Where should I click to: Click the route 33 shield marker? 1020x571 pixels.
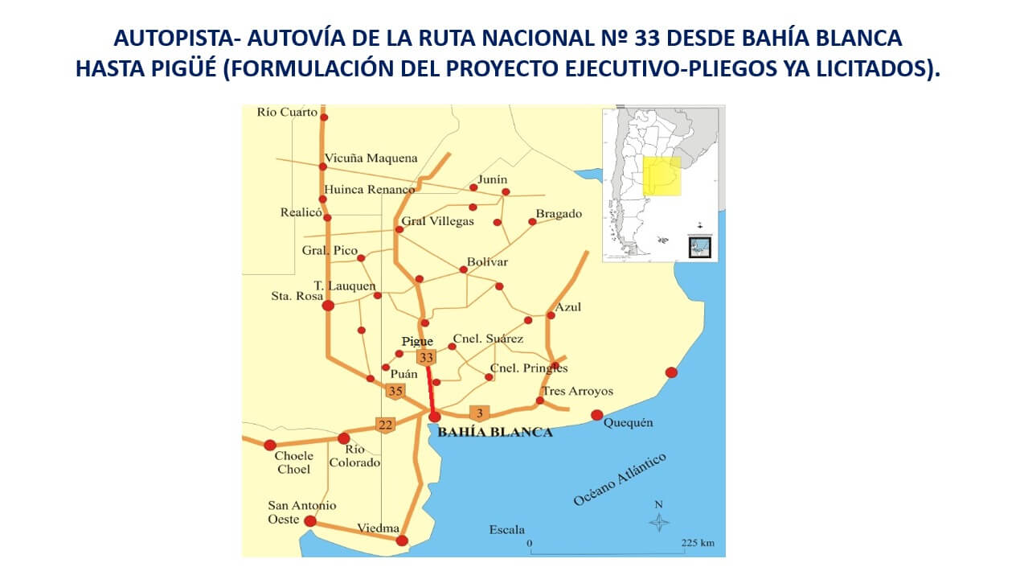click(425, 357)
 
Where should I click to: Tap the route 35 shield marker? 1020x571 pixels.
click(395, 392)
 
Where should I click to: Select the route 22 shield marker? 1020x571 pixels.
click(386, 425)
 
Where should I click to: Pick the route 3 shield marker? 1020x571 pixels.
click(479, 414)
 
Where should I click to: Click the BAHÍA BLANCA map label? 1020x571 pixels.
click(494, 433)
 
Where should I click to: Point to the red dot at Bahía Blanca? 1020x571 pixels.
click(435, 416)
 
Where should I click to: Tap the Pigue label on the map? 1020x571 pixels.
click(417, 342)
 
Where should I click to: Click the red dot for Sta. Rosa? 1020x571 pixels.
click(328, 306)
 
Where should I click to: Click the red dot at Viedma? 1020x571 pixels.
click(402, 540)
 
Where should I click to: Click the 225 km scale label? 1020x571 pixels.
click(697, 543)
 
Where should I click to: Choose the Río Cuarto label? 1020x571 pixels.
click(287, 113)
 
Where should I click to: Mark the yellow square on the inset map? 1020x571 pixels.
click(662, 176)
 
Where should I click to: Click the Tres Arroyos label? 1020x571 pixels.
click(577, 392)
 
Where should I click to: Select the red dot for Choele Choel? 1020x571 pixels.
click(270, 445)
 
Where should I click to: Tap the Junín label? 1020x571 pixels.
click(493, 179)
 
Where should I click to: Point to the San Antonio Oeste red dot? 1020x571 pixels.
click(310, 521)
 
